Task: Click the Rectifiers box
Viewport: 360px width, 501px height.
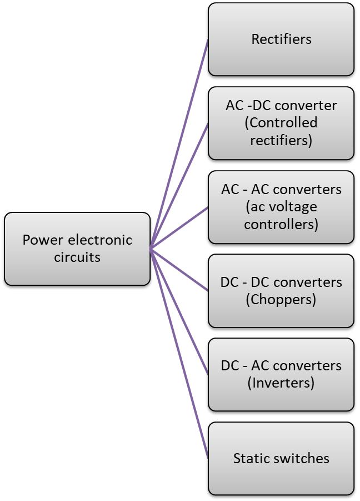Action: [281, 39]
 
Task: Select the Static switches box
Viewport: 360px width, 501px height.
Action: [281, 459]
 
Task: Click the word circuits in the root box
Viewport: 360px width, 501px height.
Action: [77, 257]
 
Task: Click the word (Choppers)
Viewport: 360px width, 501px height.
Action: [281, 300]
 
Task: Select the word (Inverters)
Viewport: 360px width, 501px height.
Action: [281, 383]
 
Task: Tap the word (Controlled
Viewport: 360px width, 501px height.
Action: [281, 123]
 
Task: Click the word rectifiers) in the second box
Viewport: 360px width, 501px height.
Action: [281, 141]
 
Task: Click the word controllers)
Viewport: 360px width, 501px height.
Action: [281, 224]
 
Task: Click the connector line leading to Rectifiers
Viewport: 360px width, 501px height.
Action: [179, 144]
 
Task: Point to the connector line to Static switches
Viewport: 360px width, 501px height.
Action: [179, 354]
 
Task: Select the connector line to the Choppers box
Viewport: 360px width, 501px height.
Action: [179, 270]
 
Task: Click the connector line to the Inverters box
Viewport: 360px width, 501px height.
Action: [179, 312]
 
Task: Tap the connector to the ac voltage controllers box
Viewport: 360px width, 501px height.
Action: [179, 228]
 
